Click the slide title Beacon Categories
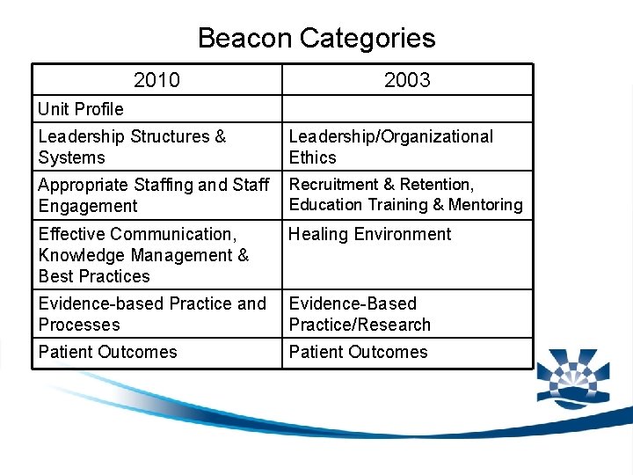click(x=316, y=38)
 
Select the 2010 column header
click(x=156, y=80)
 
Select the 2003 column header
click(x=407, y=80)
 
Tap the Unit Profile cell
click(x=81, y=109)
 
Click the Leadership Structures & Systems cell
click(x=132, y=147)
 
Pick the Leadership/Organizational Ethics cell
click(x=390, y=147)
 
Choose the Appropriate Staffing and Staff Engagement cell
click(x=153, y=195)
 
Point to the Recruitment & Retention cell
click(x=381, y=185)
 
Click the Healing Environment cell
click(x=369, y=234)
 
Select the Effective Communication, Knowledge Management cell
click(x=143, y=254)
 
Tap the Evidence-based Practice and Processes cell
click(x=151, y=314)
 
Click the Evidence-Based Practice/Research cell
click(x=360, y=314)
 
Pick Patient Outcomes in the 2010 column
click(x=107, y=352)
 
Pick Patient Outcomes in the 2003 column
click(x=358, y=352)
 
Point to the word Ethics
click(x=312, y=158)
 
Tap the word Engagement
click(x=88, y=207)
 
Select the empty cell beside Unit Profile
click(x=407, y=109)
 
